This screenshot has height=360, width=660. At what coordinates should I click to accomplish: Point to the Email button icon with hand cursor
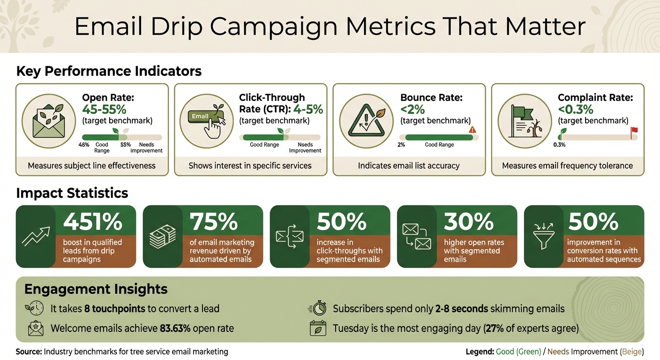205,119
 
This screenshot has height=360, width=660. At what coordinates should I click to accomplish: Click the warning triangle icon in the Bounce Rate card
362,120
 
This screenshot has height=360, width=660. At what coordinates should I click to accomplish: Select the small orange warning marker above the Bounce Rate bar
472,130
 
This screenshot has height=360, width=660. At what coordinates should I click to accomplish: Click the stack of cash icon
163,237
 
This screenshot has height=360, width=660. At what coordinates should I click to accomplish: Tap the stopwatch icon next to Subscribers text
317,308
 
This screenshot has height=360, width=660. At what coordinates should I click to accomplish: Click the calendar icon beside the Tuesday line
318,328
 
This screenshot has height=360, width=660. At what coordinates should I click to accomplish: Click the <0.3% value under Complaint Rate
575,110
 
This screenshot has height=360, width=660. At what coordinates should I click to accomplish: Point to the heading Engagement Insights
96,289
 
